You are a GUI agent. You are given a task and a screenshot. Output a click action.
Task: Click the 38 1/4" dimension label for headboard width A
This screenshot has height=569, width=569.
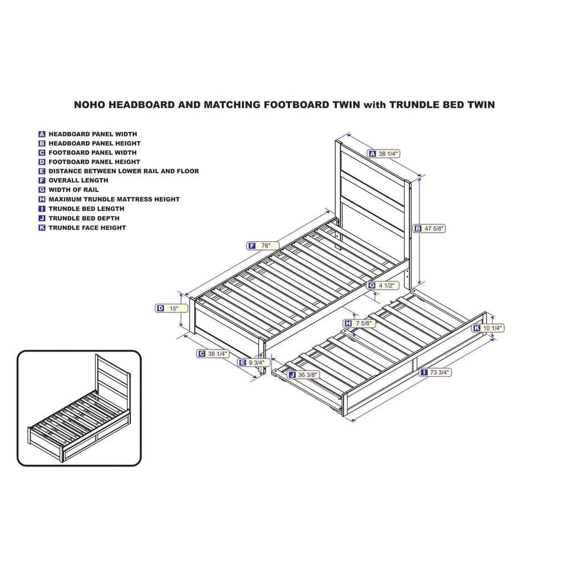[x=384, y=154]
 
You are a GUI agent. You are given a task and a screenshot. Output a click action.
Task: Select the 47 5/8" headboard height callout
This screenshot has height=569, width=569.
[x=430, y=229]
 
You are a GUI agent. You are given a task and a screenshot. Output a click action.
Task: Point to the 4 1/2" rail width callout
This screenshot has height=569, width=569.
[x=383, y=286]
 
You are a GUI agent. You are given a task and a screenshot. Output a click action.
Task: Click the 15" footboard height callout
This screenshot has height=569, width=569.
[x=172, y=308]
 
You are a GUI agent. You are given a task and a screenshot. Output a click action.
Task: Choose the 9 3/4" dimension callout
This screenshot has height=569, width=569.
[x=254, y=362]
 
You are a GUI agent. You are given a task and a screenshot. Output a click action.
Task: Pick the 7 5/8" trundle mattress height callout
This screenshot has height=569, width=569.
[x=360, y=323]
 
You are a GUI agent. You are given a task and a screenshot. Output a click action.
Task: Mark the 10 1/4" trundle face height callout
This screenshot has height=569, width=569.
[x=488, y=328]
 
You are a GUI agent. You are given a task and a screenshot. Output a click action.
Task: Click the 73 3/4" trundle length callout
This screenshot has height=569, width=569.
[x=435, y=372]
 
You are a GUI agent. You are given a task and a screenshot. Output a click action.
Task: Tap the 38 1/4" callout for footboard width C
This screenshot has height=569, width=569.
[x=213, y=354]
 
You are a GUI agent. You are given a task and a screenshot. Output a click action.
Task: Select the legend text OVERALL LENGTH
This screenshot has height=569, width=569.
[x=79, y=180]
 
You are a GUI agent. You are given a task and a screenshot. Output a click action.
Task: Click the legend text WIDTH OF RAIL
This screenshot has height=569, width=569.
[x=73, y=190]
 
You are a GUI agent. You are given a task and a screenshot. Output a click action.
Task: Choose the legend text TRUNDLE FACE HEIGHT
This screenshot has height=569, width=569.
[x=87, y=228]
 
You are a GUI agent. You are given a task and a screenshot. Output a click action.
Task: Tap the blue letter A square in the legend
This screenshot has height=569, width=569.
[x=42, y=134]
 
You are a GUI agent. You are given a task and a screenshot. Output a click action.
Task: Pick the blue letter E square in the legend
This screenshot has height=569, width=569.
[x=42, y=171]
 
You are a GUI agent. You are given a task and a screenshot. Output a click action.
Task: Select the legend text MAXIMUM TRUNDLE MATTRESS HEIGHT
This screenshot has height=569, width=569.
[x=114, y=199]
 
